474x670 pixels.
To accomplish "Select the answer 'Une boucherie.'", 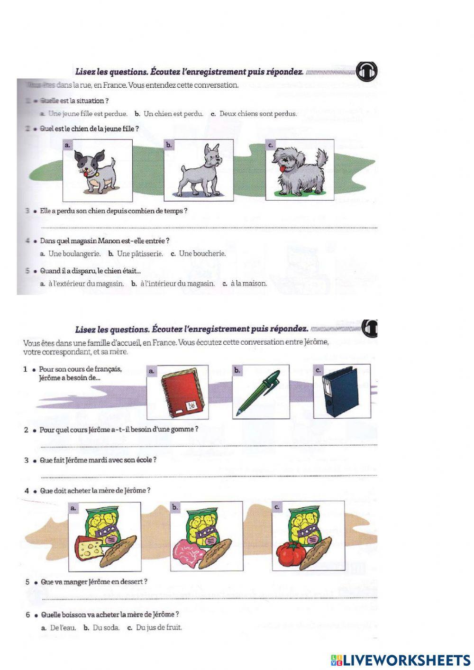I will click(x=202, y=254).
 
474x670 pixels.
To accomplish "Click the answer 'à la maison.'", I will click(x=249, y=284).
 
